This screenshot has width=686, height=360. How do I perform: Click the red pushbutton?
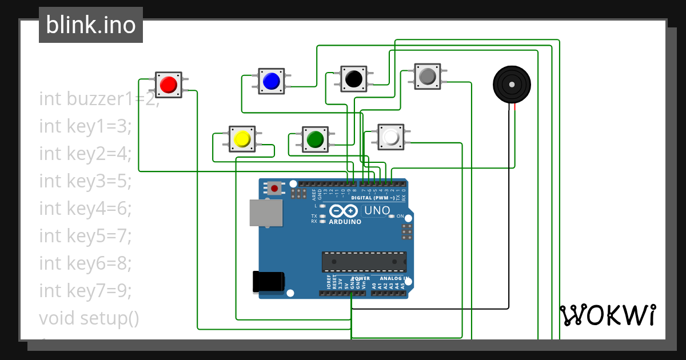pos(168,85)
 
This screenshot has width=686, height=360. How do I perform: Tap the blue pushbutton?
pos(271,81)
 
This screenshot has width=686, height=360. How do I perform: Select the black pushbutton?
pos(354,78)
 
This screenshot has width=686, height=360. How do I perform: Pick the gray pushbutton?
pos(428,76)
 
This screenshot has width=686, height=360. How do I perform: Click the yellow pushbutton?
pos(242,139)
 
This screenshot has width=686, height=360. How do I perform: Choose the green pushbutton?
pos(315,139)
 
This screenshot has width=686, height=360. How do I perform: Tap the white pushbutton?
pos(391,137)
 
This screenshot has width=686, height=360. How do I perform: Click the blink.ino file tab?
pos(91,25)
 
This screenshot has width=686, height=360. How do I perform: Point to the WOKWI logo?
pos(607,315)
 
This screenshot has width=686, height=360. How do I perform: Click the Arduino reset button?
pos(275,188)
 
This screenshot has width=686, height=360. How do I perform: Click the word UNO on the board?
pos(377,211)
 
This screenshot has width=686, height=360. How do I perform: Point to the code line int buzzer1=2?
pos(98,99)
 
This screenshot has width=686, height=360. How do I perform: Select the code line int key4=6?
pos(86,208)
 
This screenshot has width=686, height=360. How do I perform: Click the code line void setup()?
pos(89,318)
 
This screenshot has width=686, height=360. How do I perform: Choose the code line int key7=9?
pos(86,291)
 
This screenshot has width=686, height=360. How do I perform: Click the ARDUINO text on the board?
pos(345,222)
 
